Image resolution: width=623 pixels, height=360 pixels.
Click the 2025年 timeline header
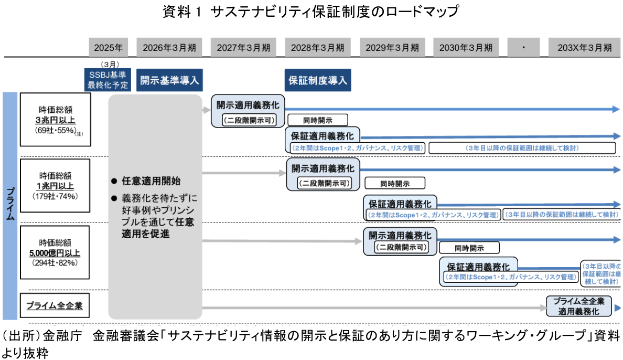109,48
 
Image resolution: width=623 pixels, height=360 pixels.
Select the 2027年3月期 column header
244,48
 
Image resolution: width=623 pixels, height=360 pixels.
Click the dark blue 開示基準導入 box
169,80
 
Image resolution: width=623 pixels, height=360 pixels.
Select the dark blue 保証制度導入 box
318,80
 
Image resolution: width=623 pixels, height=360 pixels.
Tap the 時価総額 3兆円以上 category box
56,119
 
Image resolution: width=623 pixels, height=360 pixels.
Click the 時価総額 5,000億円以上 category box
56,252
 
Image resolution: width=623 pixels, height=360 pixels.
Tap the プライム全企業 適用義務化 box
579,306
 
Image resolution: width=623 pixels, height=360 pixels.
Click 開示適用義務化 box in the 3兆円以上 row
248,111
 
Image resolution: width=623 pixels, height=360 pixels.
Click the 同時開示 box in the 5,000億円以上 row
469,247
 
